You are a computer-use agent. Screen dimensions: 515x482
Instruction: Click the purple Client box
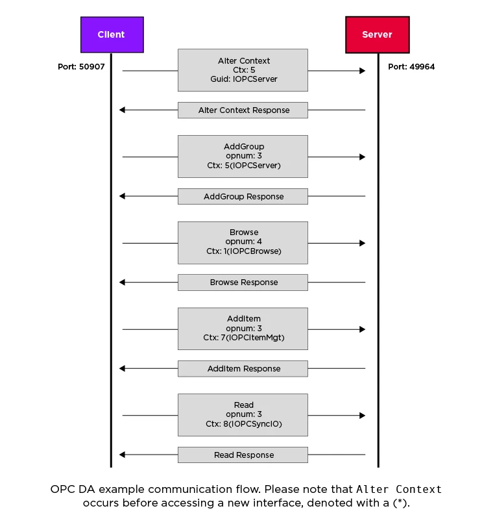112,34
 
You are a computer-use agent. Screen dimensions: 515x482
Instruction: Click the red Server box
377,34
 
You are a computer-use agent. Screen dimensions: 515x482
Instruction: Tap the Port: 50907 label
81,67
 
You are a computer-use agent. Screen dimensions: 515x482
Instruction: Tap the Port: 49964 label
411,67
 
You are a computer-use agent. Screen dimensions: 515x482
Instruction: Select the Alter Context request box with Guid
243,70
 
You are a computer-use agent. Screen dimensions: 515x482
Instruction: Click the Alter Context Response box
243,110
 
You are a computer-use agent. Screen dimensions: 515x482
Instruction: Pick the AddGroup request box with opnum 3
243,157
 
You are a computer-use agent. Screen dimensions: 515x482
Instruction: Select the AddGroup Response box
243,197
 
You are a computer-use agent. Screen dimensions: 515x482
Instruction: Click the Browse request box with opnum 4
243,243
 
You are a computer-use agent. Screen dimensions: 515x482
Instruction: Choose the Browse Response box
243,283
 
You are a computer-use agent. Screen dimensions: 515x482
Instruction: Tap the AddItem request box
243,329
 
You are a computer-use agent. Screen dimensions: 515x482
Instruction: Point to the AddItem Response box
243,369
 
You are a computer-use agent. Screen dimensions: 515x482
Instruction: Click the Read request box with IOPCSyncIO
243,415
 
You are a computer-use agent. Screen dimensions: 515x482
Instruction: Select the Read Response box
243,455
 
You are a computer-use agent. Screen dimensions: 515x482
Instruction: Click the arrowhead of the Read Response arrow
122,455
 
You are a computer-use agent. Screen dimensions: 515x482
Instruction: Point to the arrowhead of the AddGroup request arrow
363,157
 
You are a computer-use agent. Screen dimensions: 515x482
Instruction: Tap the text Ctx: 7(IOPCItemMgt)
244,338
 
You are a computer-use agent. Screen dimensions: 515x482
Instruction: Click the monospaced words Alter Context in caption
399,489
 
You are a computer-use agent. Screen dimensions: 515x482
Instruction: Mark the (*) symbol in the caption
400,503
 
